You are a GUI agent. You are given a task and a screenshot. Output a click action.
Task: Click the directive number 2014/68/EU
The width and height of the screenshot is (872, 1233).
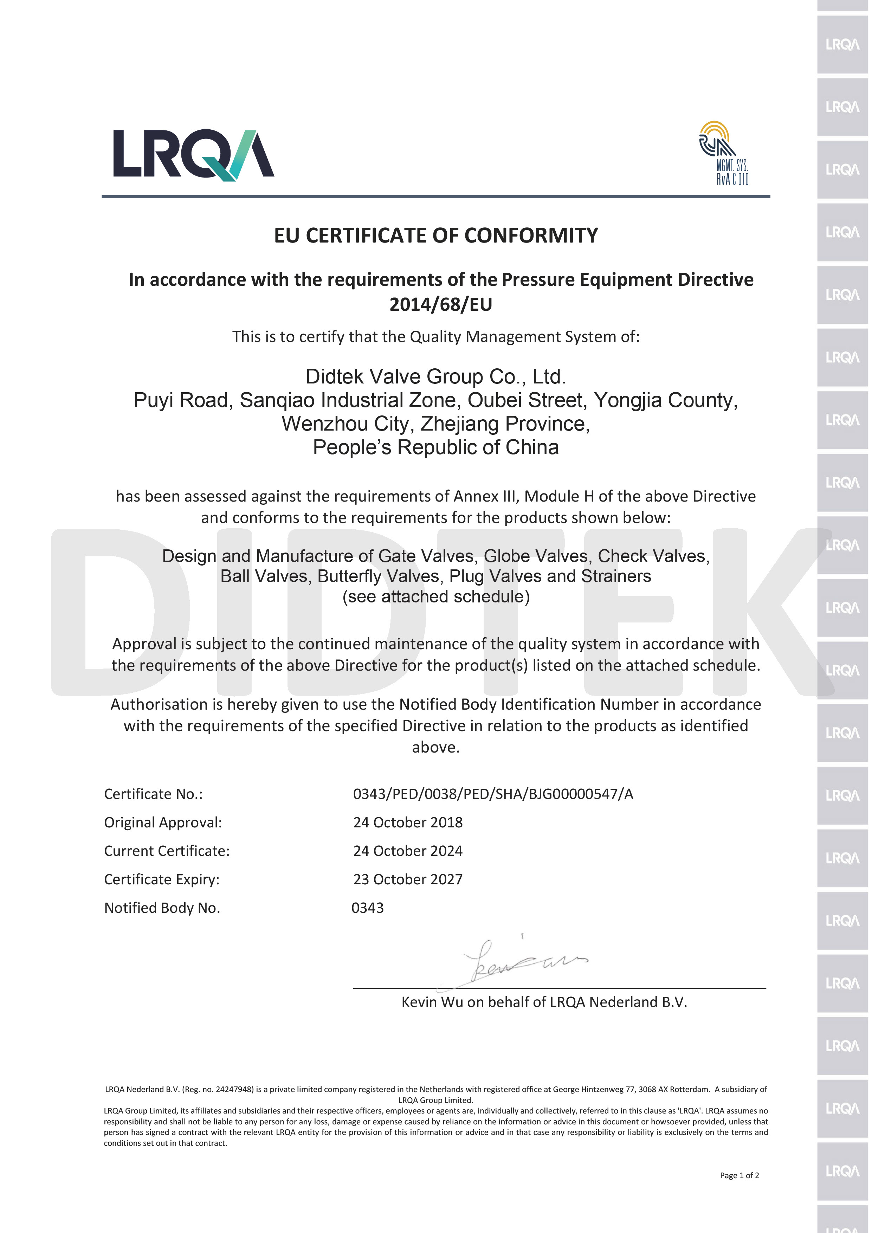(440, 304)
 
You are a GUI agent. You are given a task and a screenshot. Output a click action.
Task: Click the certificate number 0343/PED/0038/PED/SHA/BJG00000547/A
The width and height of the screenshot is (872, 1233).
(493, 794)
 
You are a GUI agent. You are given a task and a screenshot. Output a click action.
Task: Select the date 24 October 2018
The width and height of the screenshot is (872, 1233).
(408, 822)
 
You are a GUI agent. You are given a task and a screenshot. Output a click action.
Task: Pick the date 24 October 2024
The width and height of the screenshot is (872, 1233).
(408, 851)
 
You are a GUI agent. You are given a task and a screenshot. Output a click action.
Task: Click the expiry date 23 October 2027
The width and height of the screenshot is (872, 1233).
(408, 879)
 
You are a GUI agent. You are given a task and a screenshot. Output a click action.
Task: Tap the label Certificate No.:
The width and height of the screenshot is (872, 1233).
(153, 794)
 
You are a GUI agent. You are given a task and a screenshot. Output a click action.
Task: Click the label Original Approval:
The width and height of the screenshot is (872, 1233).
(163, 822)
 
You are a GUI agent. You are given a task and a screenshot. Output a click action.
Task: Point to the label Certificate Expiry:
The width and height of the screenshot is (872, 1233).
(162, 879)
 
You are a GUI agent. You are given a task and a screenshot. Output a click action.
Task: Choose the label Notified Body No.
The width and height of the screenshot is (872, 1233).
(162, 908)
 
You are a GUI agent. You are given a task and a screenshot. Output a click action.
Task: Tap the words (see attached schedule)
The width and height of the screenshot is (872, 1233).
(435, 596)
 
